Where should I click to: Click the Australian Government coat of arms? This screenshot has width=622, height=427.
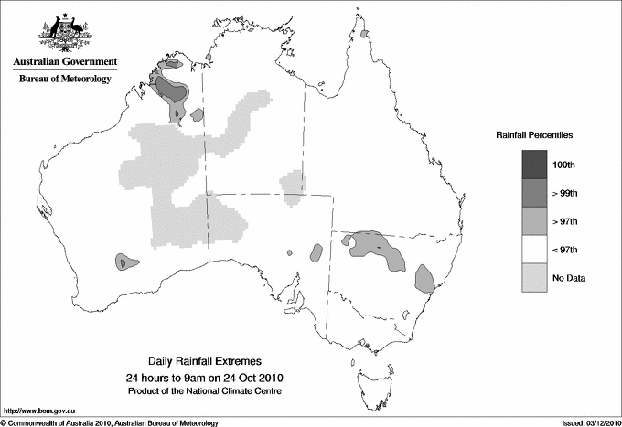coord(65,33)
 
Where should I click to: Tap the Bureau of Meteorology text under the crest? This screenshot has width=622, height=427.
coord(65,80)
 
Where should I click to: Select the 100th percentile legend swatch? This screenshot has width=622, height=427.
coord(535,164)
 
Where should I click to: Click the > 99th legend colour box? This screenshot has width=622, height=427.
coord(535,192)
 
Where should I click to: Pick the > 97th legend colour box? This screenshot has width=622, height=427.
coord(535,220)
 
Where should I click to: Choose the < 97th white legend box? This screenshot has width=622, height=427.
coord(535,249)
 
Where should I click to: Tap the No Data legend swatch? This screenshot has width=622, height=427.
coord(535,277)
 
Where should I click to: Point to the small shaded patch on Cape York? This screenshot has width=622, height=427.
coord(363,35)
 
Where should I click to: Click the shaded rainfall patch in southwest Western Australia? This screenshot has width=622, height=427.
coord(126,262)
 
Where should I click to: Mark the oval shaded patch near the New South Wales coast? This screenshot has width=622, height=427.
coord(424,276)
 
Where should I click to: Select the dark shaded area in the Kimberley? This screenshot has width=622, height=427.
coord(171,90)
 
